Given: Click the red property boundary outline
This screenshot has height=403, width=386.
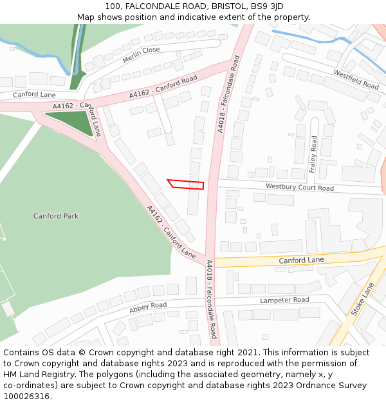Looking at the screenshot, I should tap(186, 184).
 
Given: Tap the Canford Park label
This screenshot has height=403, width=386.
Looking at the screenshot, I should tap(56, 216).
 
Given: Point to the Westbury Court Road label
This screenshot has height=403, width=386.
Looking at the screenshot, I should tap(300, 188).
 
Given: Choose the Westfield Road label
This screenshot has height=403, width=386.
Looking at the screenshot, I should tap(356, 80).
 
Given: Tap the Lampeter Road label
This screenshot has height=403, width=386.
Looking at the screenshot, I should tap(284, 300).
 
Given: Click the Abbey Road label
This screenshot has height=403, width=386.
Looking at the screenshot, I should tap(148, 308).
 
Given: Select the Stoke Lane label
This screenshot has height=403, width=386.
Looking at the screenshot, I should tap(362, 299).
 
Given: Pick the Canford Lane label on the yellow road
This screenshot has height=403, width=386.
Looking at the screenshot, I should tap(301, 260).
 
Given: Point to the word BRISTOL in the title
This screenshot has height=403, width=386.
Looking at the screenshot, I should tap(221, 6).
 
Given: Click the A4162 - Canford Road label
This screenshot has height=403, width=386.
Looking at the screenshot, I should tap(163, 88).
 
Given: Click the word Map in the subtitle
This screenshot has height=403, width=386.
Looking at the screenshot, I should tap(86, 17).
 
